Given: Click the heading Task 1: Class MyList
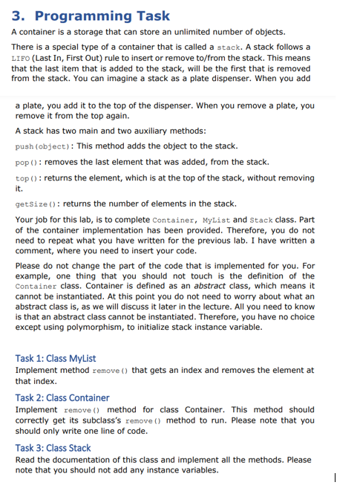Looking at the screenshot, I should point(55,358).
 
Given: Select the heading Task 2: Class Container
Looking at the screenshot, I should point(62,397).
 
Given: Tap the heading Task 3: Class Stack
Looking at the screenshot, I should point(53,448).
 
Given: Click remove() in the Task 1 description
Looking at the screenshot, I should point(112,371).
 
